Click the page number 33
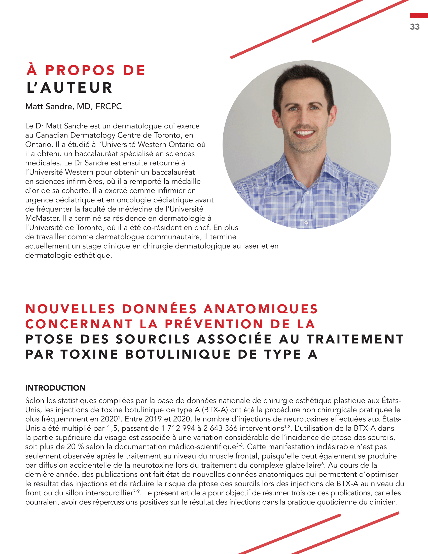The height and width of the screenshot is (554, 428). [415, 27]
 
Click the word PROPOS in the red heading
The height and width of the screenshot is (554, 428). [80, 70]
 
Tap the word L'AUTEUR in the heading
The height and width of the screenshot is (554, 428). [69, 88]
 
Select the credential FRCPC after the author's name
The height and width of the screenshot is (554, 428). [109, 106]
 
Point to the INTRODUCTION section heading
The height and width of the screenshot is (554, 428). [55, 388]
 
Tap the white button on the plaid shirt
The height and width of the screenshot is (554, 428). [306, 223]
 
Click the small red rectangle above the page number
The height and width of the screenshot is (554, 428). [419, 16]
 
